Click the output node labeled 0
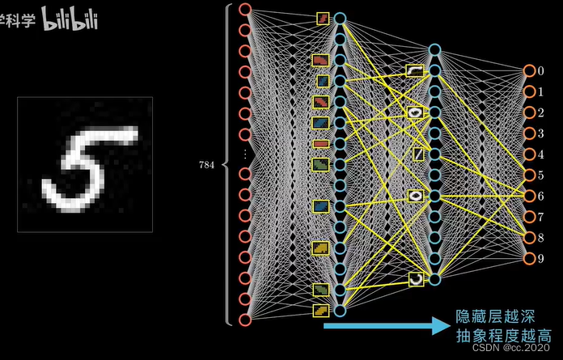[529, 71]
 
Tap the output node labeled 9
[529, 259]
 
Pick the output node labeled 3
[529, 133]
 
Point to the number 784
[206, 164]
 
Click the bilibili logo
[70, 20]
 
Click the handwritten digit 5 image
[85, 164]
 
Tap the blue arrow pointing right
[386, 325]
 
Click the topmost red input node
[245, 11]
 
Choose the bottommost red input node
[245, 320]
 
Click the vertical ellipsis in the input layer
[245, 154]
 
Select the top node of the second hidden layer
[434, 50]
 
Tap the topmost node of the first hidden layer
[340, 18]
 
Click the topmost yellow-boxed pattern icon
[322, 18]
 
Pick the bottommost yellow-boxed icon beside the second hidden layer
[415, 279]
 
